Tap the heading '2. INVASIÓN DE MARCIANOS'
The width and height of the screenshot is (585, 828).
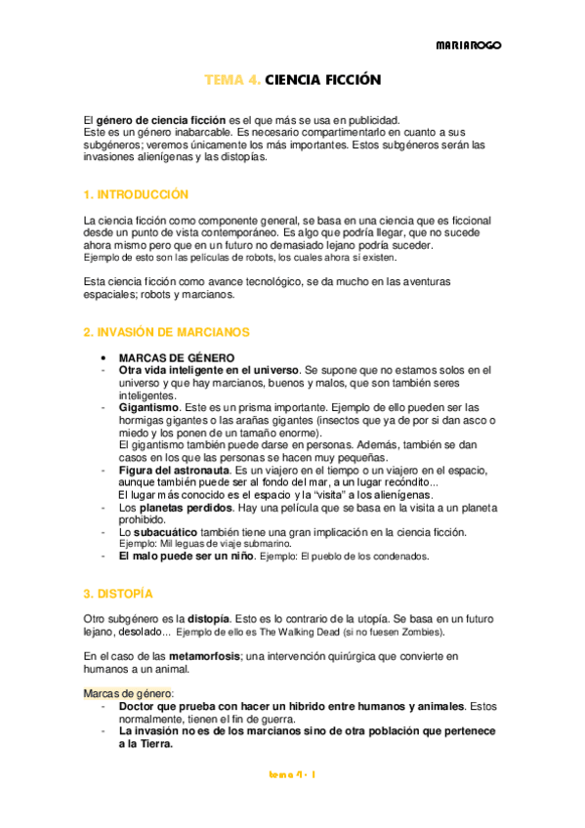167,332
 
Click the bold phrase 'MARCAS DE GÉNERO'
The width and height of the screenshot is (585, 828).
177,358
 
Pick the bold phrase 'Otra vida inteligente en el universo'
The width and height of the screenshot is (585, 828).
209,371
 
